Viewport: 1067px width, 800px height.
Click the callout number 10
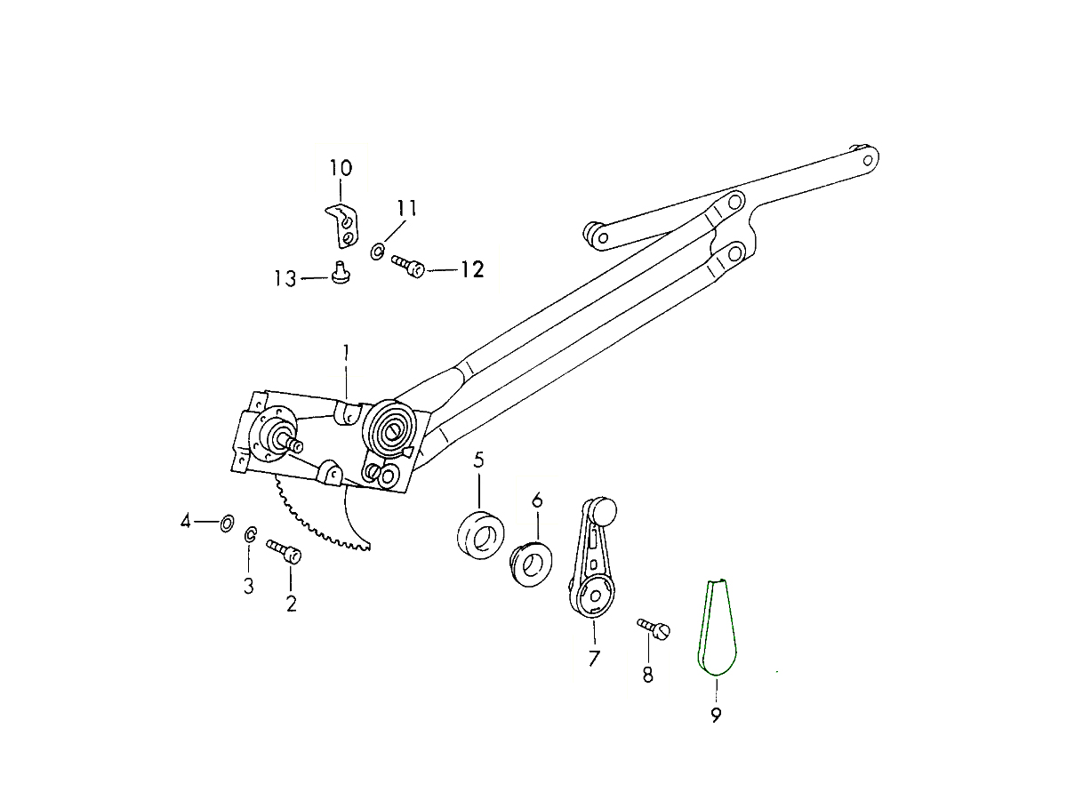pyautogui.click(x=341, y=168)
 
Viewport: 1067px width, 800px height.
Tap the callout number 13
pyautogui.click(x=285, y=279)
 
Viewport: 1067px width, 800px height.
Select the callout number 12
pyautogui.click(x=472, y=269)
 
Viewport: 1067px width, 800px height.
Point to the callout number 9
pyautogui.click(x=716, y=715)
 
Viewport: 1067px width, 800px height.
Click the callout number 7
pyautogui.click(x=594, y=658)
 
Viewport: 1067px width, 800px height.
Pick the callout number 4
pyautogui.click(x=185, y=522)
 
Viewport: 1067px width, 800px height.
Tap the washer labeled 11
pyautogui.click(x=377, y=252)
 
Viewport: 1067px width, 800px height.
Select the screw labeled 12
pyautogui.click(x=408, y=266)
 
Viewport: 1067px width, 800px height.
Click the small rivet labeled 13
pyautogui.click(x=341, y=272)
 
